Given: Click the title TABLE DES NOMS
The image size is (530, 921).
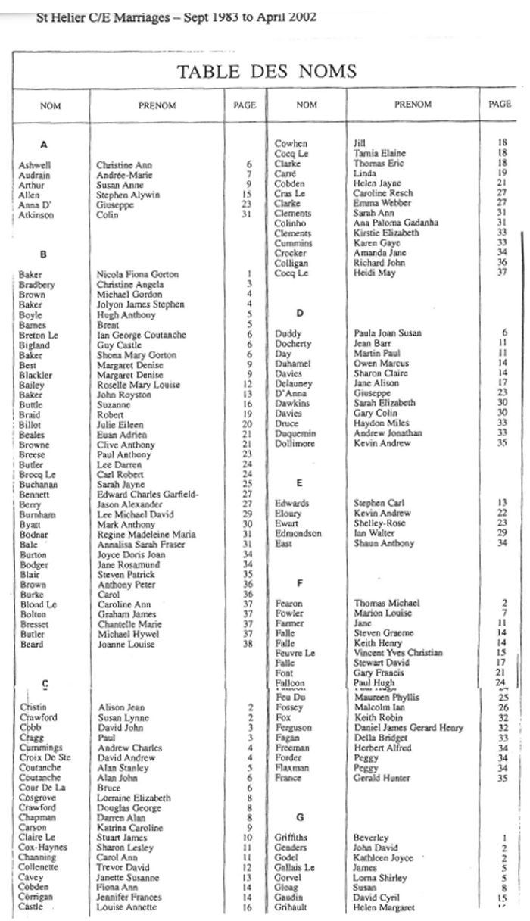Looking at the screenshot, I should pyautogui.click(x=266, y=72).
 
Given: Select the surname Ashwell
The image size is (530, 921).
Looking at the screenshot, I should pyautogui.click(x=35, y=164).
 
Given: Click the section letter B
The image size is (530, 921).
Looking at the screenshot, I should pyautogui.click(x=44, y=254).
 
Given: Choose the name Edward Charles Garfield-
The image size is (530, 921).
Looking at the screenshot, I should pyautogui.click(x=148, y=495).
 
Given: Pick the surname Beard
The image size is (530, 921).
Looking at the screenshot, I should pyautogui.click(x=31, y=645).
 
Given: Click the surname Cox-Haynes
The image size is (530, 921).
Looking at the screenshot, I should pyautogui.click(x=42, y=848).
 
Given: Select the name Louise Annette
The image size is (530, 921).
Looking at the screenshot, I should pyautogui.click(x=126, y=907).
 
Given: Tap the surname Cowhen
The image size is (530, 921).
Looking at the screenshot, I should pyautogui.click(x=291, y=143).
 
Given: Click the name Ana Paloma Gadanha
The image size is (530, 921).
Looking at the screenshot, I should pyautogui.click(x=396, y=223).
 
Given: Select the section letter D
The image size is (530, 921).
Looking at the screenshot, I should pyautogui.click(x=301, y=312).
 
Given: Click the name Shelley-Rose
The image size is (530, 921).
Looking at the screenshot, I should pyautogui.click(x=380, y=523).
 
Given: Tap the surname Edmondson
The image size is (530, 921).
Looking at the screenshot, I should pyautogui.click(x=298, y=533).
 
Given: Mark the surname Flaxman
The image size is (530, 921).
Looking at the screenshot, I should pyautogui.click(x=292, y=767).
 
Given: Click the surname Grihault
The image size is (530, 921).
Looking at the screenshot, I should pyautogui.click(x=293, y=907).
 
